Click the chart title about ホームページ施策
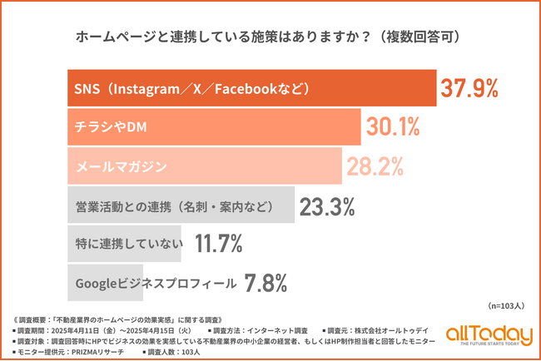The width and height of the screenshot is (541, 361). click(x=270, y=37)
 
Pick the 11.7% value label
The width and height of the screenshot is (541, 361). click(x=218, y=244)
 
